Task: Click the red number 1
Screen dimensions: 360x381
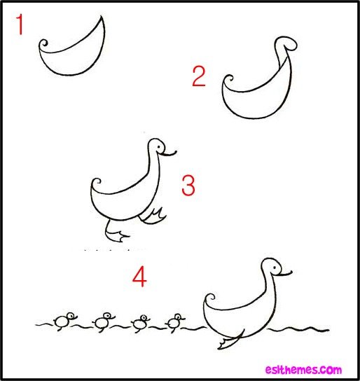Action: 20,25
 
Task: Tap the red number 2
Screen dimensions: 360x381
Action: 199,76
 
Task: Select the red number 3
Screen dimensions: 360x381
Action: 188,186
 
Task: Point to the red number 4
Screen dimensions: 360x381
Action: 139,277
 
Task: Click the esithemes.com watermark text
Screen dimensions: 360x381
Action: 303,370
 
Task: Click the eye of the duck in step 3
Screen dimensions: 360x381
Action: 159,147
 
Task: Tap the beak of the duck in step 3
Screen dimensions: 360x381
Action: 168,153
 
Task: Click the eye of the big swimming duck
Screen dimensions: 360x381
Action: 275,268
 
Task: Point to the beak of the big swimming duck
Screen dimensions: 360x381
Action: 284,273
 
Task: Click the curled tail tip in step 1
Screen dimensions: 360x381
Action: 43,44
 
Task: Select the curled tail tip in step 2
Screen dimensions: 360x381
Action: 228,79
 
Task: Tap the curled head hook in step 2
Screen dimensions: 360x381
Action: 286,43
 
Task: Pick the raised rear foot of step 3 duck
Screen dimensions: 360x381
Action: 153,216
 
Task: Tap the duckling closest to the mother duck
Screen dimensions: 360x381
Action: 174,322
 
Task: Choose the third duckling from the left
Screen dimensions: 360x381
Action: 140,324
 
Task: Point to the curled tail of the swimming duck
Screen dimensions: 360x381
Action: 210,298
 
